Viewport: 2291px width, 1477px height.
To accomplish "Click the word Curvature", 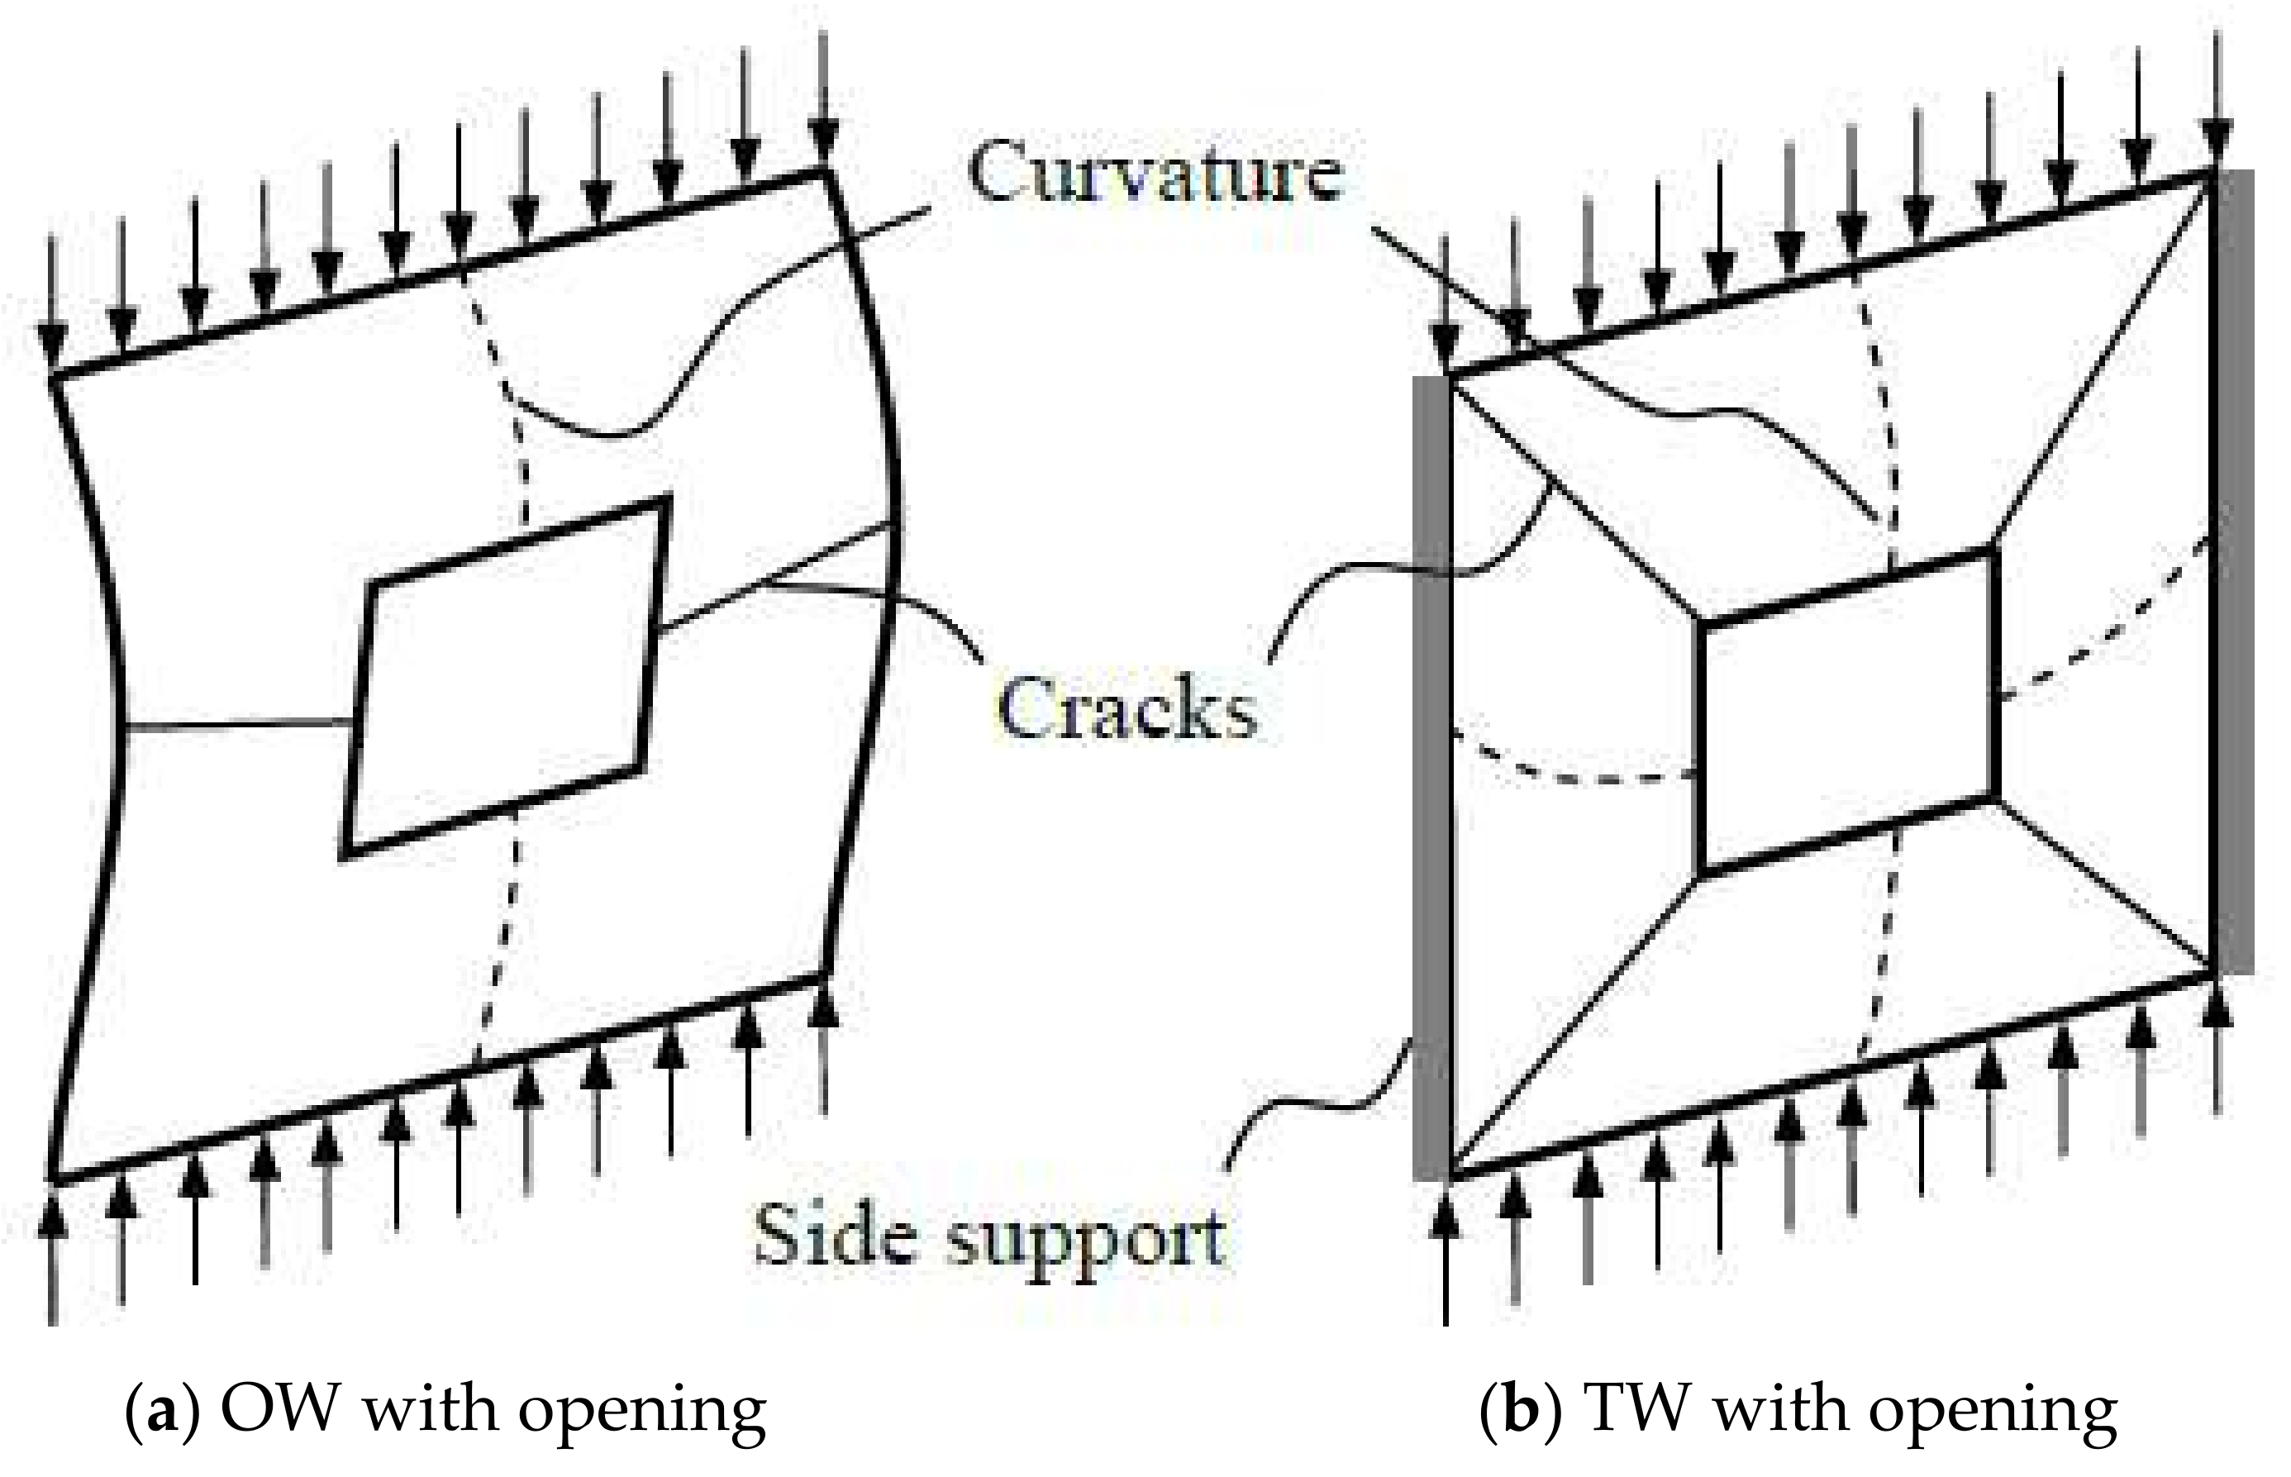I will click(x=1155, y=173).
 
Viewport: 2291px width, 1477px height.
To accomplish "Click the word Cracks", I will click(x=1126, y=711).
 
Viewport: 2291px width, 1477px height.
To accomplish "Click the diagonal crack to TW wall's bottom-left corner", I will click(x=1573, y=1027).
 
